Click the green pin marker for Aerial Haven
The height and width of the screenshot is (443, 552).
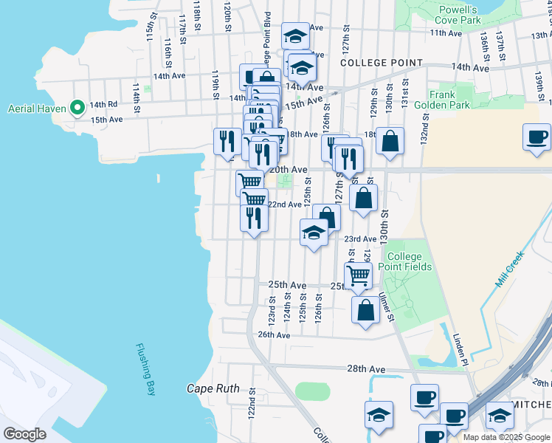pos(77,109)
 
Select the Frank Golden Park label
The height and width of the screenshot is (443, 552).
pos(451,100)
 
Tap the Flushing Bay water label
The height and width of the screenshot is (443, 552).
pos(145,369)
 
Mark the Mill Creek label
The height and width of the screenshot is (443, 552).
pos(510,267)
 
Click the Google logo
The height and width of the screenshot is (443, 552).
pos(24,434)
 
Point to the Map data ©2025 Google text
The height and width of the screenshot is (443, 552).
pos(506,437)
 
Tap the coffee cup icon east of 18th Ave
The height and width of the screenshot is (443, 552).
pos(537,137)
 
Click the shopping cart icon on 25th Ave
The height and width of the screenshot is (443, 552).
pos(358,276)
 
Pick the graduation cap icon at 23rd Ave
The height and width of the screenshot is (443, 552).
pos(314,233)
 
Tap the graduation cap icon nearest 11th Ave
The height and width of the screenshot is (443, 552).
pos(296,36)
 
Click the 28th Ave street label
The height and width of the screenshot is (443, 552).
pos(367,368)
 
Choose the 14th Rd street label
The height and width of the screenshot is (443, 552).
pos(104,105)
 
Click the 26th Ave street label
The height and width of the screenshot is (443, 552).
pos(273,334)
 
